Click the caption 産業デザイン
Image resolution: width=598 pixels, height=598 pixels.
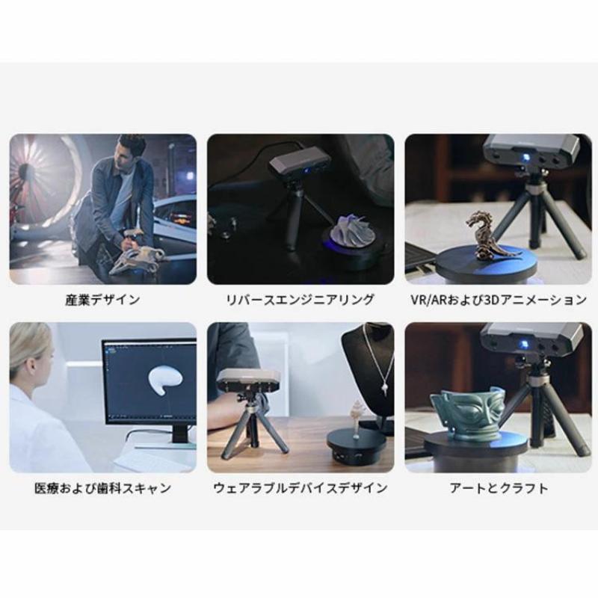[x=102, y=300]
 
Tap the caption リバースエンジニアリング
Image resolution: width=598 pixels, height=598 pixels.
[x=300, y=300]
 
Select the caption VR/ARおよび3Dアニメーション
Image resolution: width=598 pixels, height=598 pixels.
[x=499, y=300]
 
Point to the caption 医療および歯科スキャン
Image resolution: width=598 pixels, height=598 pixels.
[x=102, y=488]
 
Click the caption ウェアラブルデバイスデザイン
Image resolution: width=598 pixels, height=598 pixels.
[x=300, y=488]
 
